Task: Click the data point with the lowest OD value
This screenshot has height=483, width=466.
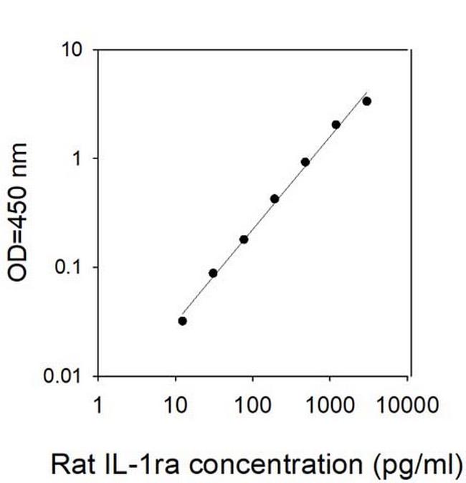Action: [182, 321]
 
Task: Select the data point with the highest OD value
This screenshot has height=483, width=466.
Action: [367, 101]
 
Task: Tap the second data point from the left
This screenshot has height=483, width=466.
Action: [213, 273]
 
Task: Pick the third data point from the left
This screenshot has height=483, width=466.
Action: [244, 239]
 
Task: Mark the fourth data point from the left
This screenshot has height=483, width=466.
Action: [275, 199]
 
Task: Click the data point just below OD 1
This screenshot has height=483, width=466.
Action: [305, 162]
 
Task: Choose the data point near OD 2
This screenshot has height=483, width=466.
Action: [336, 125]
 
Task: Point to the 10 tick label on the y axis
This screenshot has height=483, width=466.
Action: [73, 50]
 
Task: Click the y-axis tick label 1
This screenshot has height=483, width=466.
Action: [78, 158]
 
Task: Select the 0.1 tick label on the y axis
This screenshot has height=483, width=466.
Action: [70, 267]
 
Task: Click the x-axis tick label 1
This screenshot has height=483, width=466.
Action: [98, 406]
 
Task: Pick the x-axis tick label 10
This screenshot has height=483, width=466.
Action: [176, 406]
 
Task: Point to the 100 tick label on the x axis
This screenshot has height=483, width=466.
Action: [253, 406]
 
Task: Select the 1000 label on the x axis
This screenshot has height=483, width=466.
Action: [331, 406]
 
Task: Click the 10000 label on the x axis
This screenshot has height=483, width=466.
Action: [409, 406]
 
